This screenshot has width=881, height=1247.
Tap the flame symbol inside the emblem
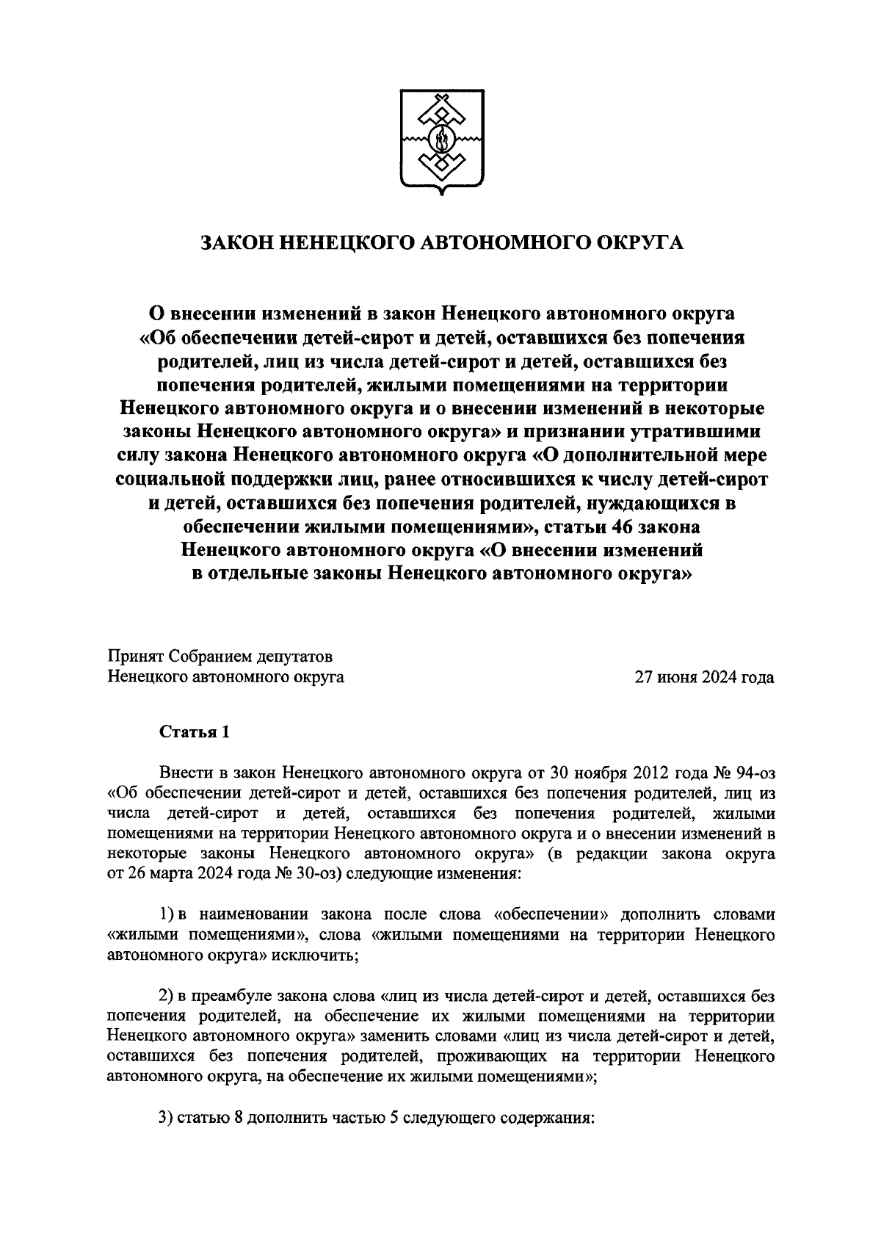[x=441, y=137]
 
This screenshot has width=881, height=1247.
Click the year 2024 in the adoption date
[x=719, y=677]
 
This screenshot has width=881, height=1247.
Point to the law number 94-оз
[x=753, y=774]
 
